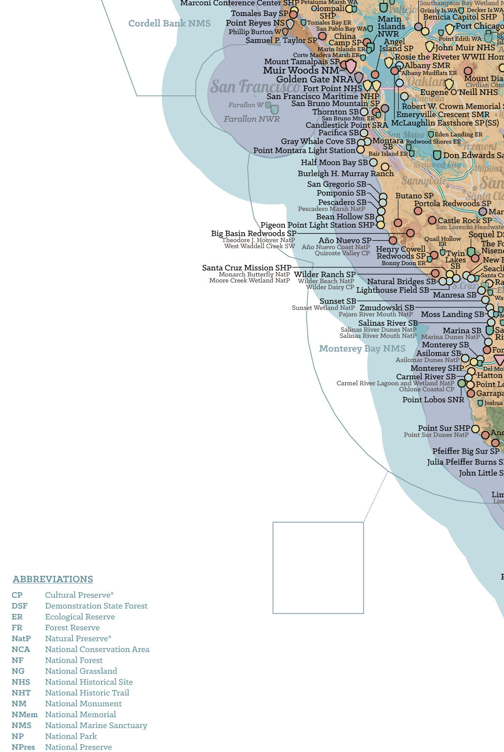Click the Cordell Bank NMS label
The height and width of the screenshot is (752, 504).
click(169, 23)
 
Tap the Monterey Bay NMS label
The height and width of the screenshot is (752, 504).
click(362, 348)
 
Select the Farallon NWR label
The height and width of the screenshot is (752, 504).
click(252, 119)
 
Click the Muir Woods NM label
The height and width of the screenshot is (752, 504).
click(301, 70)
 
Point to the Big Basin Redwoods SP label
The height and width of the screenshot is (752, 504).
click(253, 233)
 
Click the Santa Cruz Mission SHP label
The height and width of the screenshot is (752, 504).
click(246, 267)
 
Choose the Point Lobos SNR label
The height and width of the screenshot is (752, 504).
click(433, 399)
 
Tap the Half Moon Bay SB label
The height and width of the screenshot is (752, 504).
click(334, 162)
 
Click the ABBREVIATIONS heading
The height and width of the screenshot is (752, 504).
click(53, 579)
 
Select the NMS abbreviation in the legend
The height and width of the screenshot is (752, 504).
click(21, 725)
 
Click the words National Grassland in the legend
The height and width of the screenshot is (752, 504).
click(81, 671)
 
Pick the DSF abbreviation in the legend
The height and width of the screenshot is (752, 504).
click(19, 606)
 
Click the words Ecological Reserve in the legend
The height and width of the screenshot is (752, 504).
click(80, 617)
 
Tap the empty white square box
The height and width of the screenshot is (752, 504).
click(318, 567)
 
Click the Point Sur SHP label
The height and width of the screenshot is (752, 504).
click(444, 428)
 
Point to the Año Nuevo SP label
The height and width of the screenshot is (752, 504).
click(345, 240)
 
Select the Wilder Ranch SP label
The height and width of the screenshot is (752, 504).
click(324, 274)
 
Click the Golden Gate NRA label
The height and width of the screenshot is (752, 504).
click(315, 79)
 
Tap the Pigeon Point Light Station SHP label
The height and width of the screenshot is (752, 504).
click(317, 225)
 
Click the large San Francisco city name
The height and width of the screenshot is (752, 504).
click(255, 87)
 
